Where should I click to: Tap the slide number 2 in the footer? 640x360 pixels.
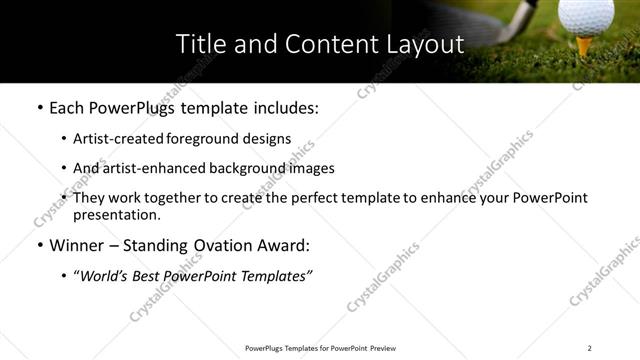coord(590,347)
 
